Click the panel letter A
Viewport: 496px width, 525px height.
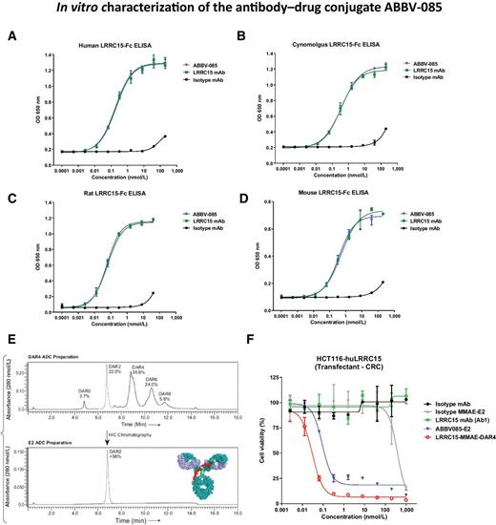click(10, 37)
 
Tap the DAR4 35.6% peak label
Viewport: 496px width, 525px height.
click(164, 346)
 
